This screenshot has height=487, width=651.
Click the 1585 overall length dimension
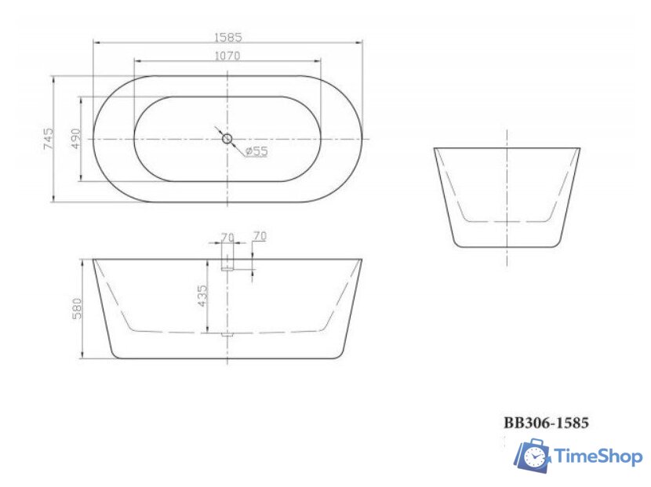tap(227, 36)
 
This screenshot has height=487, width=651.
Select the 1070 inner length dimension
tap(227, 56)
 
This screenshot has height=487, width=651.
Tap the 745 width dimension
tap(48, 139)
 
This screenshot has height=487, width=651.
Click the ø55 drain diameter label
tap(256, 151)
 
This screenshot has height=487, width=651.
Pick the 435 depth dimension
tap(202, 296)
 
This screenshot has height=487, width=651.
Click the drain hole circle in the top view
tap(227, 139)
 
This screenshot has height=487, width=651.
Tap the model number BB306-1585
tap(546, 423)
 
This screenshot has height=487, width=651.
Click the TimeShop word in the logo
tap(598, 456)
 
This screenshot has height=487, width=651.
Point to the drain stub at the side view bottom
tap(227, 335)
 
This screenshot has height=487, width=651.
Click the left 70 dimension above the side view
tap(227, 236)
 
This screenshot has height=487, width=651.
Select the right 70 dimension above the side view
tap(260, 236)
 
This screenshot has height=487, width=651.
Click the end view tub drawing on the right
tap(507, 196)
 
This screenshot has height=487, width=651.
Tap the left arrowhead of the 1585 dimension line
tap(95, 42)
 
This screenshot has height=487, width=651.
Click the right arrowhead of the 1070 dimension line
tap(319, 61)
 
